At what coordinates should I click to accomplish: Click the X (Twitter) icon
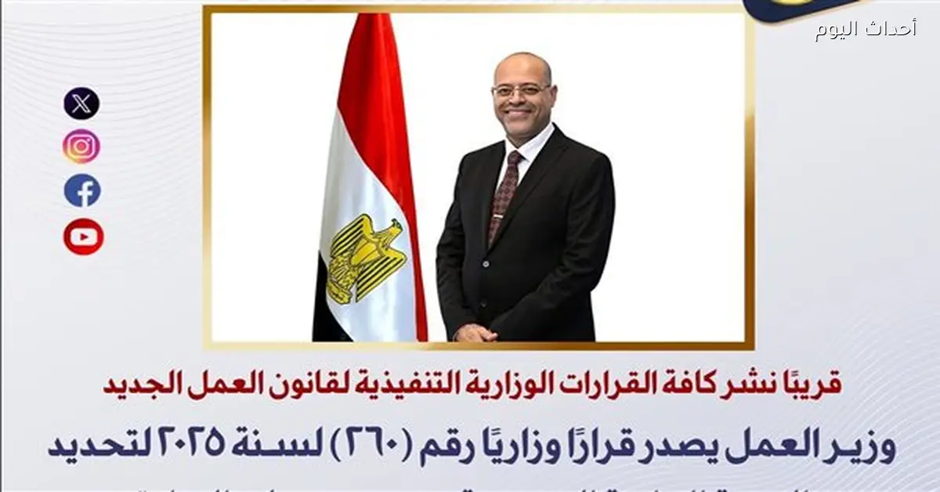click(81, 103)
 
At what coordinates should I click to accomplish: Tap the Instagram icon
click(81, 147)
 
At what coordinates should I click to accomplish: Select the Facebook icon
click(82, 190)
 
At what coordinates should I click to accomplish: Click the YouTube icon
click(83, 237)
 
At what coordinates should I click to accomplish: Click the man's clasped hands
click(475, 333)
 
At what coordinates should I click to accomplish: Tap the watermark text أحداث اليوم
click(865, 30)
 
